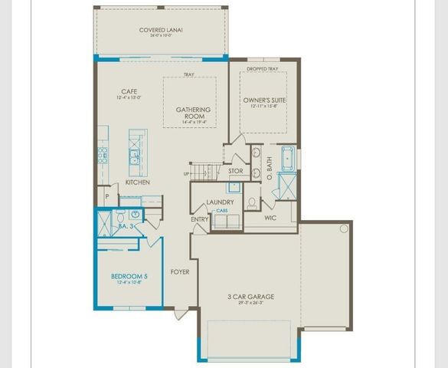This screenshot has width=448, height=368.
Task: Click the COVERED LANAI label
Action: point(161,31)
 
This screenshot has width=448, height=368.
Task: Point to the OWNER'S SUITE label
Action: point(264,100)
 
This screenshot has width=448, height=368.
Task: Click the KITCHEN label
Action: point(137,182)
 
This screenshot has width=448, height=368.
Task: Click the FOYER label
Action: point(180,271)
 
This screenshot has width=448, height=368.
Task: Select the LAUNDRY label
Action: point(220,202)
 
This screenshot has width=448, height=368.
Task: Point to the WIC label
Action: point(270,218)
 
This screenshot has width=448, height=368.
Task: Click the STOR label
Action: point(235,171)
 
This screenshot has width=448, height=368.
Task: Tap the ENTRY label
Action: point(200,220)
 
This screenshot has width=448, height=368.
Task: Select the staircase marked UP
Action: point(201,170)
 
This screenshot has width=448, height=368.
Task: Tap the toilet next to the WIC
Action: point(252,203)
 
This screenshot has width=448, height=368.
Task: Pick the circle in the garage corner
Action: point(344,228)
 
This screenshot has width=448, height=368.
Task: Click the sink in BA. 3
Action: point(134,215)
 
